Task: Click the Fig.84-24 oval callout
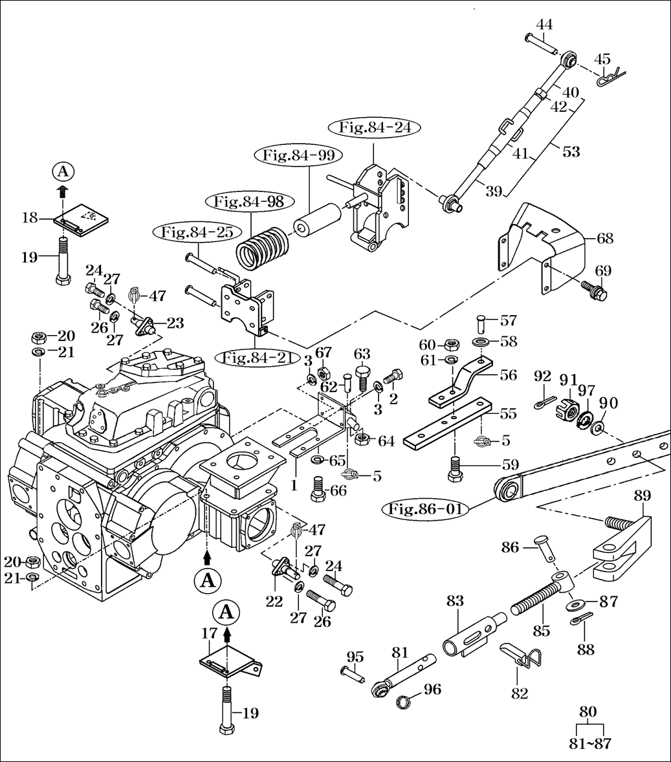[375, 128]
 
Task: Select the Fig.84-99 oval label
[298, 156]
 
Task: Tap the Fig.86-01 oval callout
[426, 509]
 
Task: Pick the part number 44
[544, 25]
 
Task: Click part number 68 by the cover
[605, 239]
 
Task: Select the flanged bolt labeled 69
[594, 290]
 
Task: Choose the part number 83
[455, 601]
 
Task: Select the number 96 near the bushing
[433, 689]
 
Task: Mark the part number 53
[572, 151]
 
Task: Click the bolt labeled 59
[455, 468]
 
